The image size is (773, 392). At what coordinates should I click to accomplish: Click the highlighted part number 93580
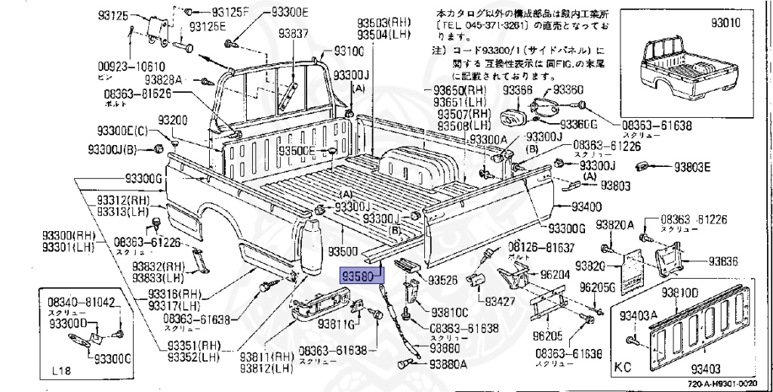point(360,276)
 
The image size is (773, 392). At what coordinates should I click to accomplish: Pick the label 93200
point(172,121)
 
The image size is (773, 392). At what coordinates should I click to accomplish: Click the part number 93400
point(586,206)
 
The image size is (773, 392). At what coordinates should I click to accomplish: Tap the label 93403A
point(638,315)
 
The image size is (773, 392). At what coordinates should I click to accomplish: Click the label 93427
point(500,301)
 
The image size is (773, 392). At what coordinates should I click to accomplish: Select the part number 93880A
point(448,363)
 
